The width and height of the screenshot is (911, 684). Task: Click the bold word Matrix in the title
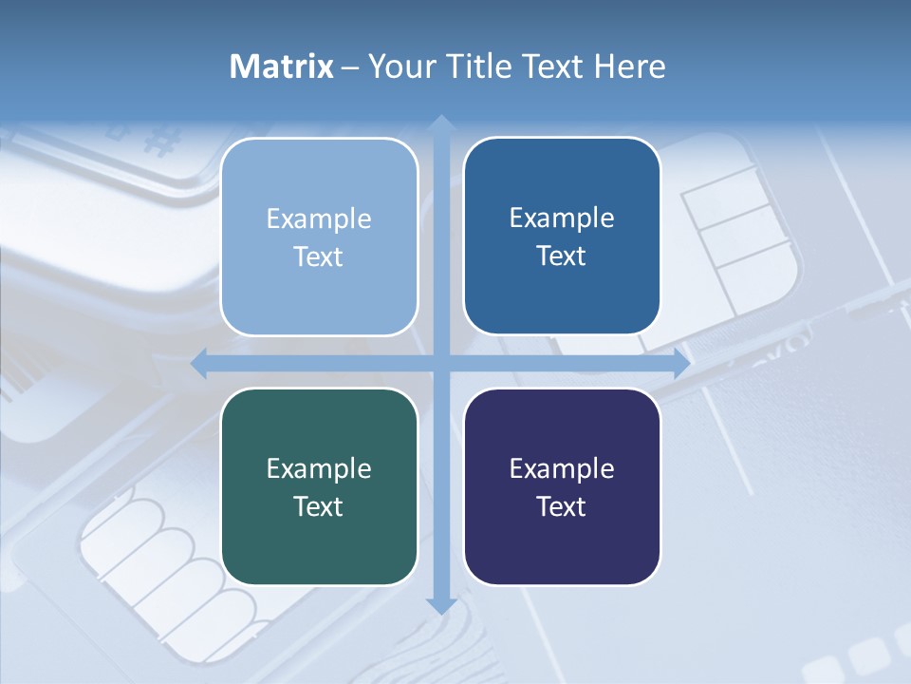point(282,66)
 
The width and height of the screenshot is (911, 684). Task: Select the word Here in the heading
point(630,66)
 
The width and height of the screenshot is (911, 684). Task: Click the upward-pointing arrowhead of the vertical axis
point(440,123)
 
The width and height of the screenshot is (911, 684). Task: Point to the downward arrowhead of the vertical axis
point(440,604)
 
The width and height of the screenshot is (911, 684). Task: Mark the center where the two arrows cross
point(440,363)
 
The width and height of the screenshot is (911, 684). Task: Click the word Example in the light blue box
point(319,219)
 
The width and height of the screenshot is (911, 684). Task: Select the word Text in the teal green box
point(319,506)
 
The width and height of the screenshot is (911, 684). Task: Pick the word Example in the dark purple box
point(562,468)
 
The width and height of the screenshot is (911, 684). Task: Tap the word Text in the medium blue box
point(562,256)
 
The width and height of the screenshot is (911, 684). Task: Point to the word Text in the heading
point(552,66)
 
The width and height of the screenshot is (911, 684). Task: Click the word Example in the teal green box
point(319,468)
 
